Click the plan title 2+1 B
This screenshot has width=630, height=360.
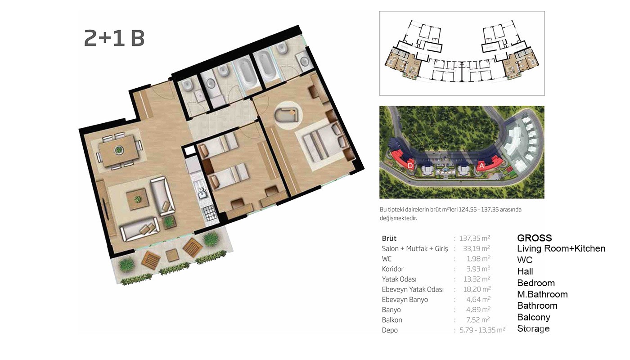114,38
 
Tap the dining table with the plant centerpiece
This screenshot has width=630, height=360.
119,151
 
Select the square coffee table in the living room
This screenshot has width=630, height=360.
138,199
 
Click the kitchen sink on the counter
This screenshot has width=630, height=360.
202,193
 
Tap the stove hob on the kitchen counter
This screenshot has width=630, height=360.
210,213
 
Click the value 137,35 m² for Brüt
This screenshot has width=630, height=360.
474,238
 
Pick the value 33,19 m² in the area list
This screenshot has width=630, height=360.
477,248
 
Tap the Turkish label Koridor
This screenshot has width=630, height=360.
392,269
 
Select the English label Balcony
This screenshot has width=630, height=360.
534,317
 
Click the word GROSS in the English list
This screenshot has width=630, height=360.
535,238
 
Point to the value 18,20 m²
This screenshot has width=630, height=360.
477,289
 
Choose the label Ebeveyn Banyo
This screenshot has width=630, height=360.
405,300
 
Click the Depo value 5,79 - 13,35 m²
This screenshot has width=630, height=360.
482,329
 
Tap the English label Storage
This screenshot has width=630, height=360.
533,328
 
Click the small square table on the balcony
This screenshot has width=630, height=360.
172,255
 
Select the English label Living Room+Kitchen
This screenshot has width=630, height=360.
561,248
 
